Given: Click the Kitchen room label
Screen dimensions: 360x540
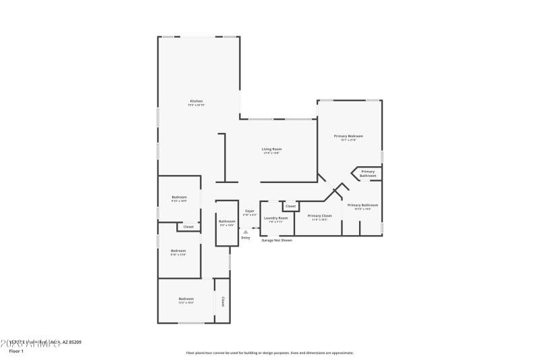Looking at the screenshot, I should coord(196,101).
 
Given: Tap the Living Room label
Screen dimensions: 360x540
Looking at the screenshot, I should coord(272,149).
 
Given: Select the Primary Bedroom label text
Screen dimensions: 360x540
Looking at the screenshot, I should coord(348,136).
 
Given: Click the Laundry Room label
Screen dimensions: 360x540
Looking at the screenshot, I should coord(276,217).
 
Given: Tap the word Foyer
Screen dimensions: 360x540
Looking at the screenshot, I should coord(250,211).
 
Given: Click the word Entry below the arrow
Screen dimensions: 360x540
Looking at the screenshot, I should coord(246,238).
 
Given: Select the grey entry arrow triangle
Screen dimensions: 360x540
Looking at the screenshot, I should coord(246,232).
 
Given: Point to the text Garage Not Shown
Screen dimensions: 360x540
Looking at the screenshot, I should coord(277,240).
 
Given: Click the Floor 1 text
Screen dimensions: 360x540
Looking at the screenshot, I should coord(16,351).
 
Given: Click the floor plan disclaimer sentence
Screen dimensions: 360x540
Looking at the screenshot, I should coord(270,353).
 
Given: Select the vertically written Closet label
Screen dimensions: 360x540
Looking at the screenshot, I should coord(222,301).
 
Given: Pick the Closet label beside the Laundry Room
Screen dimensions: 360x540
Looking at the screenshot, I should coord(290,206).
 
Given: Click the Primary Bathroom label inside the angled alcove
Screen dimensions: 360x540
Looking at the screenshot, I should coord(368,174).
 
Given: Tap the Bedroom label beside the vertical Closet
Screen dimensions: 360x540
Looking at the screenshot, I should coord(186,299).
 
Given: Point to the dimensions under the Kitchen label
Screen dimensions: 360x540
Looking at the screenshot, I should coord(196,105).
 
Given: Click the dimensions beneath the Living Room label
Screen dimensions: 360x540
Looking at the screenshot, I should coord(272,153).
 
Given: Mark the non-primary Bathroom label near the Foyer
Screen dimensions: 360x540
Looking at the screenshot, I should coord(227,221).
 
